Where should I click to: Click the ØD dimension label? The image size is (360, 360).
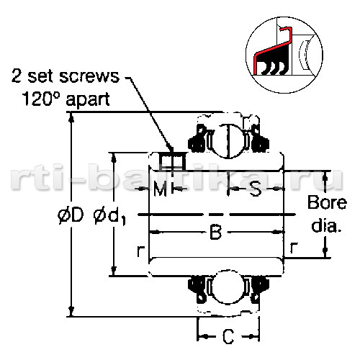pyautogui.click(x=71, y=215)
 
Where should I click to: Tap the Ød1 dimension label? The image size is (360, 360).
pyautogui.click(x=110, y=217)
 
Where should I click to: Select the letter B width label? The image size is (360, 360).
pyautogui.click(x=215, y=232)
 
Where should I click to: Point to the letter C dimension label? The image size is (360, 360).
pyautogui.click(x=228, y=336)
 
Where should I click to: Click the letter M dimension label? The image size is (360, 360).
pyautogui.click(x=160, y=189)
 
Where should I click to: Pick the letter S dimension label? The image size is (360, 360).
pyautogui.click(x=256, y=189)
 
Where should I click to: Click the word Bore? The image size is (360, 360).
pyautogui.click(x=327, y=203)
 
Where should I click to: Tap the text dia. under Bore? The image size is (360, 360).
pyautogui.click(x=326, y=225)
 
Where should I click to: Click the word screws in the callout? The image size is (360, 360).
pyautogui.click(x=89, y=76)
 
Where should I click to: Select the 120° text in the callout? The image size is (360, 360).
pyautogui.click(x=37, y=99)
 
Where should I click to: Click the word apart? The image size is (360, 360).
pyautogui.click(x=88, y=100)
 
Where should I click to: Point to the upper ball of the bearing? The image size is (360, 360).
pyautogui.click(x=228, y=140)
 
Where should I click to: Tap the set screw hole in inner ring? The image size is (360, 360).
pyautogui.click(x=173, y=161)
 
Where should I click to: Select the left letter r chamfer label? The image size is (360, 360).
pyautogui.click(x=140, y=251)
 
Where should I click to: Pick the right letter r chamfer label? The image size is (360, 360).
pyautogui.click(x=293, y=248)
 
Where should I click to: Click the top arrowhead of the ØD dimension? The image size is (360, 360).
pyautogui.click(x=71, y=117)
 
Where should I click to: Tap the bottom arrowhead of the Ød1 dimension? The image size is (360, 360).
pyautogui.click(x=114, y=271)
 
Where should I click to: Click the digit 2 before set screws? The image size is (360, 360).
pyautogui.click(x=17, y=76)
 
